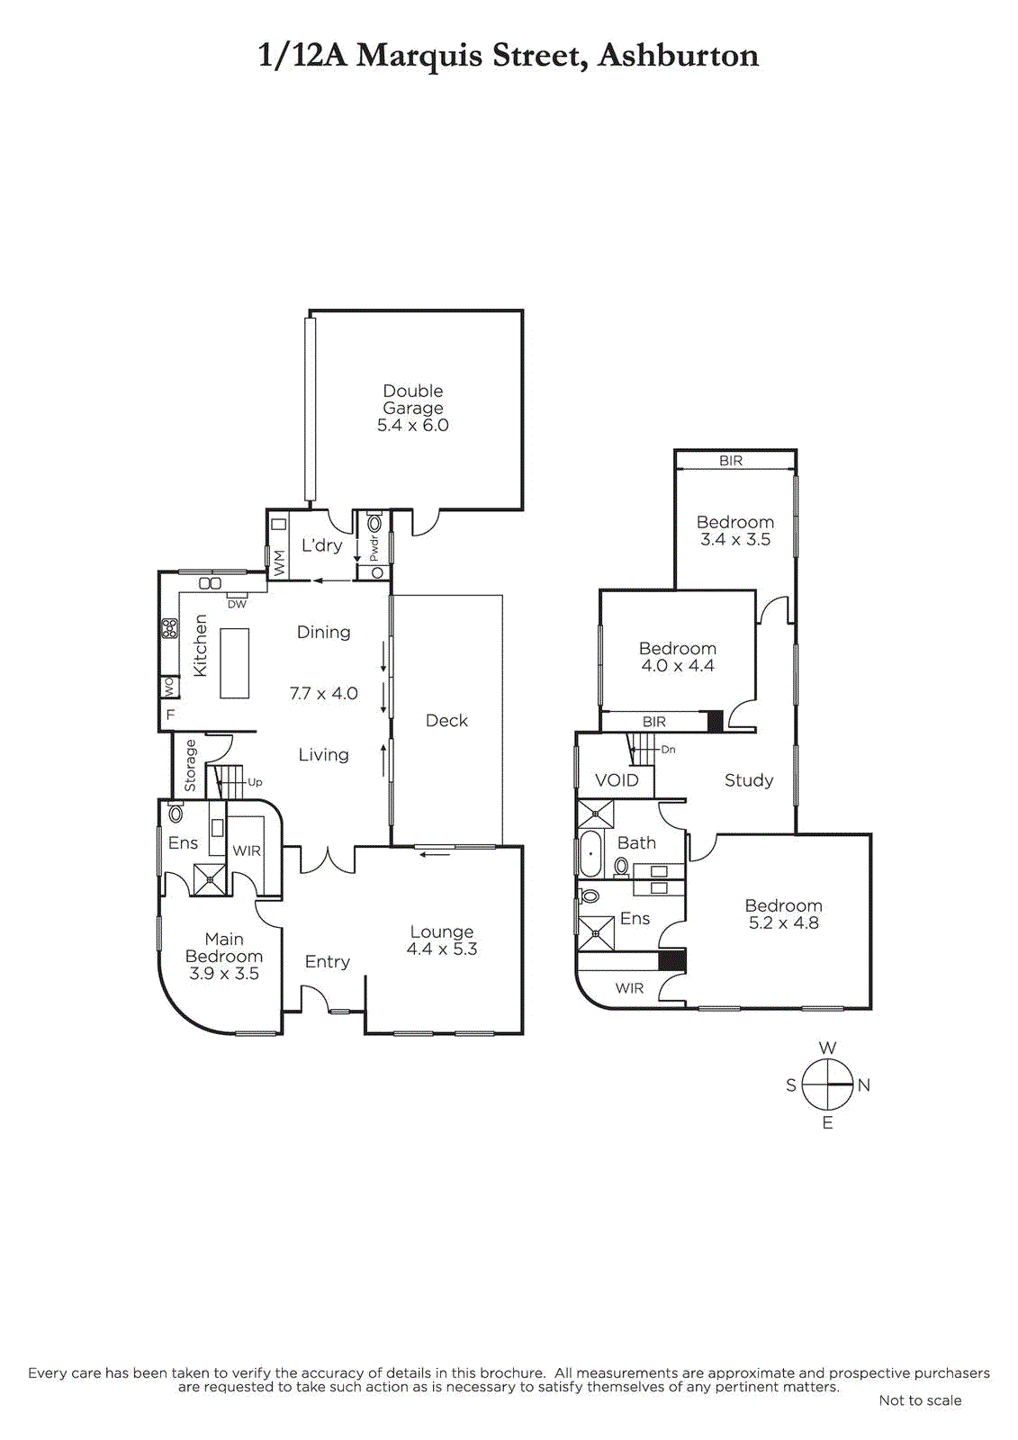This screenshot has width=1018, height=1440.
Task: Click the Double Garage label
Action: [413, 400]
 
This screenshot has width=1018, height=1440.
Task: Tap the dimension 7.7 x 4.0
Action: [324, 694]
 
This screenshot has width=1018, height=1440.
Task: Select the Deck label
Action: [446, 721]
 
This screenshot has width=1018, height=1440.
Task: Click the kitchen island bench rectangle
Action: [234, 662]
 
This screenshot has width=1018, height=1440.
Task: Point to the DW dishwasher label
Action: [237, 604]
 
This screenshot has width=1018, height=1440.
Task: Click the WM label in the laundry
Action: [279, 563]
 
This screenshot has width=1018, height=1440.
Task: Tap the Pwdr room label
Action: [374, 548]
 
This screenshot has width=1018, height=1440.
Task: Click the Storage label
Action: [191, 766]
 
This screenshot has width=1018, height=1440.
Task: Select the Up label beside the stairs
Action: [255, 782]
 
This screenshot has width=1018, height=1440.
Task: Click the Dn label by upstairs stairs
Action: [668, 749]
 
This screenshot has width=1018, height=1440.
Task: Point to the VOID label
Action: [617, 780]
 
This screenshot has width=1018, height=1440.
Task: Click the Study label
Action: [748, 780]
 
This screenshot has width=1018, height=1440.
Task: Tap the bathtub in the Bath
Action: [590, 853]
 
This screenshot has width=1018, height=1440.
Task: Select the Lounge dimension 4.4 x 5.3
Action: [442, 949]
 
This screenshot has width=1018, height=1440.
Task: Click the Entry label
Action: [327, 962]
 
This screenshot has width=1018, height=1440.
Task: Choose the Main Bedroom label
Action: [224, 948]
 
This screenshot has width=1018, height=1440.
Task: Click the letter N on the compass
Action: [864, 1085]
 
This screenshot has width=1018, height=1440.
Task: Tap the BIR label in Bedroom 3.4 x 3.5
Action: [731, 461]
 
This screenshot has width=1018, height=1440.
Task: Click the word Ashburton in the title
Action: [678, 56]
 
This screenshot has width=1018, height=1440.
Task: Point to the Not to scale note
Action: [920, 1400]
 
